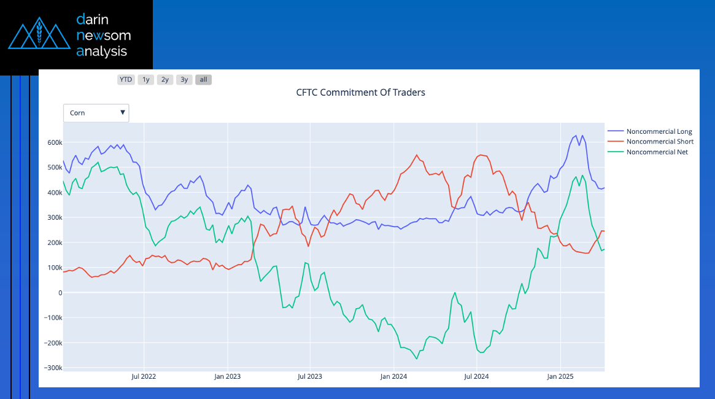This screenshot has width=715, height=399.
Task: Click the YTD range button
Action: (x=126, y=79)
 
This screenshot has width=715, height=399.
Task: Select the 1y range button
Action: (x=145, y=79)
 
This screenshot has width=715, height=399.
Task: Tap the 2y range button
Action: (x=164, y=79)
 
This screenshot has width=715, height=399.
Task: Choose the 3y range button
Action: (x=184, y=79)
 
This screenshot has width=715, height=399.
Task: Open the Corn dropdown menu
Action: (x=96, y=113)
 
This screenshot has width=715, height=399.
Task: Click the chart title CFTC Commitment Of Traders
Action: (x=360, y=93)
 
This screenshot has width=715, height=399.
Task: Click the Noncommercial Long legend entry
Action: (x=659, y=131)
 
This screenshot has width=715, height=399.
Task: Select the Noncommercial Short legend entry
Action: (x=660, y=142)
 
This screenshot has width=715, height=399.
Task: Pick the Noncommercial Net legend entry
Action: (x=657, y=152)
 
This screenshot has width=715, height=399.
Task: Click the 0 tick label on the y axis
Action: (x=60, y=293)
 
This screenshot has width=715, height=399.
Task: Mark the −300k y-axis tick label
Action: (x=53, y=368)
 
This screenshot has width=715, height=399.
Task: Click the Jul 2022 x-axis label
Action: (x=144, y=376)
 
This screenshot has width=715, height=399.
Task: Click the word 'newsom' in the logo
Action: (x=103, y=35)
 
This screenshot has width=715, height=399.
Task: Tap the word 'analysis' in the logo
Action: (x=102, y=51)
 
